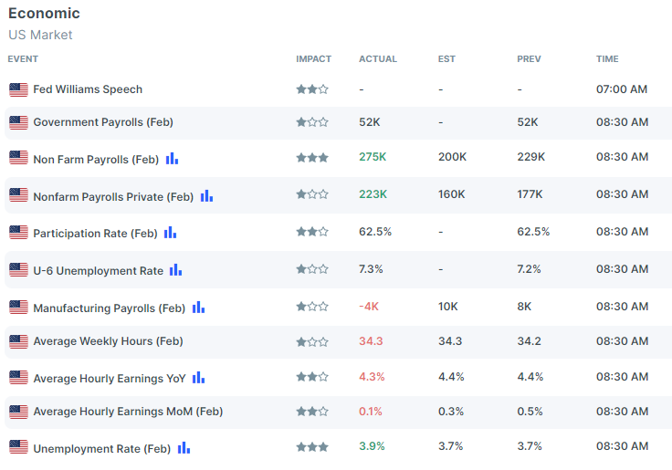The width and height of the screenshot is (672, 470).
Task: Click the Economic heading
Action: click(44, 14)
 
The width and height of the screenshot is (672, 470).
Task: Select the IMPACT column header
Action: click(313, 58)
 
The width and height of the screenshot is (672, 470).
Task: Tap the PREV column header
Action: click(529, 58)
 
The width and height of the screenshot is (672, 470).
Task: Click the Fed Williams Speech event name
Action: click(88, 89)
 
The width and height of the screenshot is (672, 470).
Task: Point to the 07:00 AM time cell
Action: click(622, 89)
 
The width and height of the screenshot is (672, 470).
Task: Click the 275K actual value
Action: click(373, 157)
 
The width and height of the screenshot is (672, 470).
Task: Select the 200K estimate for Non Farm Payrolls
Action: click(452, 157)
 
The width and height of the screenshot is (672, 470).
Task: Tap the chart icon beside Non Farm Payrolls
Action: click(172, 159)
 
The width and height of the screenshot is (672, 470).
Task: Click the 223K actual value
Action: click(373, 194)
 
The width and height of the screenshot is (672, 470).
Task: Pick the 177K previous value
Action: click(530, 194)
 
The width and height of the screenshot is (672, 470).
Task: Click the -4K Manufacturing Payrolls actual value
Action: click(369, 307)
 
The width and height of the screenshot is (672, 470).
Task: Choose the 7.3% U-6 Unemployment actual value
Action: click(371, 269)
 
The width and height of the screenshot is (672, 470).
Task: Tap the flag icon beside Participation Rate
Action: click(18, 233)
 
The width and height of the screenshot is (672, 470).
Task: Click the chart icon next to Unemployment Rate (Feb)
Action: click(184, 448)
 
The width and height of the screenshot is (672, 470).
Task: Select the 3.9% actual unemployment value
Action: click(372, 446)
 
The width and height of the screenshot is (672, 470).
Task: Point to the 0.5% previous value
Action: click(530, 412)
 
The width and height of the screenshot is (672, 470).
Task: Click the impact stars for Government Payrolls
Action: click(312, 122)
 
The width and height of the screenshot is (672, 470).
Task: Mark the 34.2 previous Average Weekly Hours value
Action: click(530, 341)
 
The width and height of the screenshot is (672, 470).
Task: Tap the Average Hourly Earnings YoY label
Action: click(110, 379)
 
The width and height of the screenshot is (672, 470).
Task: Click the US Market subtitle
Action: click(40, 35)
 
